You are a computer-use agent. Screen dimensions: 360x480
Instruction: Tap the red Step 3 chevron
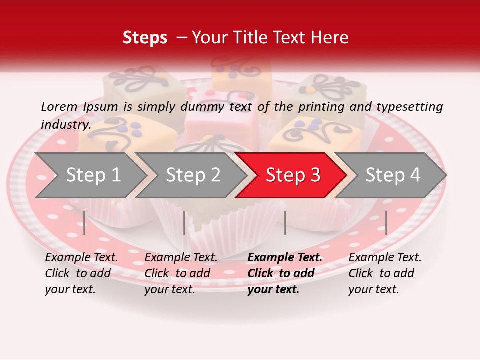[x=291, y=175]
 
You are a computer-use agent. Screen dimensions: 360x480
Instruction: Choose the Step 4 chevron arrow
[x=391, y=175]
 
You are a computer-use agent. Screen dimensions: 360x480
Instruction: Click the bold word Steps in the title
[x=145, y=38]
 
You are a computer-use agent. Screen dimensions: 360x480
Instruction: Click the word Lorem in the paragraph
[x=59, y=107]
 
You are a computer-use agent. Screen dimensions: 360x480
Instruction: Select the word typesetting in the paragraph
[x=409, y=107]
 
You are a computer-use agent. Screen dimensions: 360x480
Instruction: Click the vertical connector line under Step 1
[x=84, y=223]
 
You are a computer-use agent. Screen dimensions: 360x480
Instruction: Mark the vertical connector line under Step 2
[x=184, y=223]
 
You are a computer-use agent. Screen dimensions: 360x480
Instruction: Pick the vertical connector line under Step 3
[x=285, y=223]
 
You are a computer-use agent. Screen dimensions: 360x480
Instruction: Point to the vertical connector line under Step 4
[x=386, y=223]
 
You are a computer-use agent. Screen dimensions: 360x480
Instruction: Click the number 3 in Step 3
[x=315, y=175]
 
